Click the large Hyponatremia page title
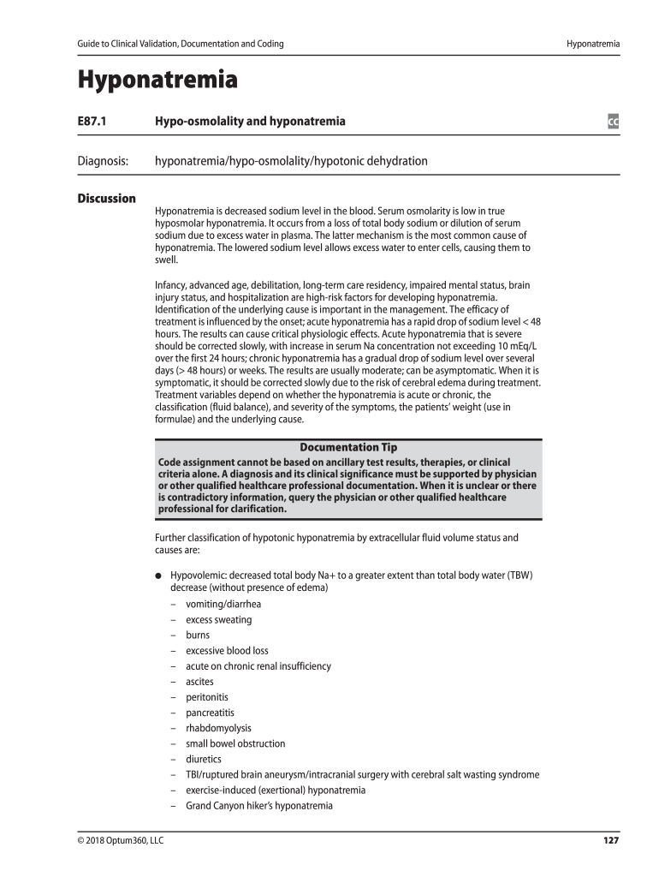point(157,81)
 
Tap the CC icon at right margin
point(613,122)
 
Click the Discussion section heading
point(106,199)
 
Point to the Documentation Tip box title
point(347,447)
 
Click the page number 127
point(610,840)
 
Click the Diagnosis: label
point(103,161)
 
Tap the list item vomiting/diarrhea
point(223,604)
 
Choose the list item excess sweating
point(218,619)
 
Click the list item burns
point(198,635)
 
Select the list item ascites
point(199,682)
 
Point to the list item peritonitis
point(206,697)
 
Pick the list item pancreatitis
point(210,713)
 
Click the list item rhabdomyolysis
point(218,728)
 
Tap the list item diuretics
point(203,759)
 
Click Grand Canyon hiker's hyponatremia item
point(258,806)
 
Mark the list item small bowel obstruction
point(235,743)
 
